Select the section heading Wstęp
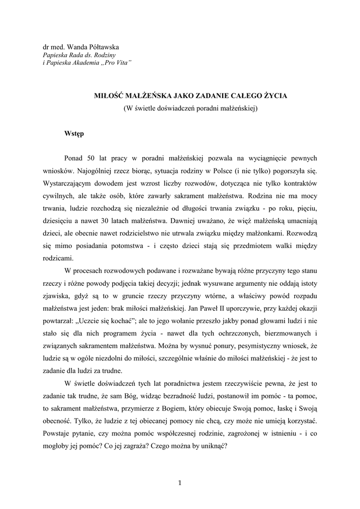(74, 133)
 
